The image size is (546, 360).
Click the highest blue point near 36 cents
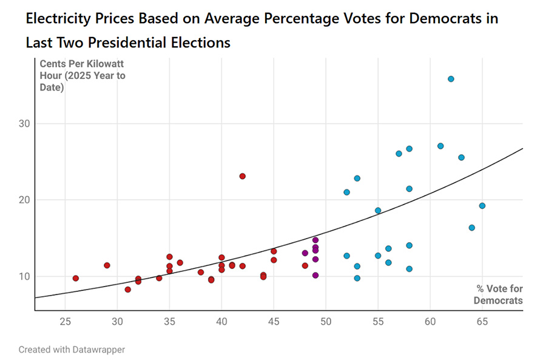tap(451, 79)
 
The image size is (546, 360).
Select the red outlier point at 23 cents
tap(242, 176)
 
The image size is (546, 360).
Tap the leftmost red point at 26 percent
tap(76, 278)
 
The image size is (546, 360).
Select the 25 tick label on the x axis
tap(65, 320)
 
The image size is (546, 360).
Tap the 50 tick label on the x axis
tap(326, 320)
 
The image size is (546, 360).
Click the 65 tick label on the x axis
tap(482, 320)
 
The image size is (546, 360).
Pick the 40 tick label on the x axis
tap(221, 320)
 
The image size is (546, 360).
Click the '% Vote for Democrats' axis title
tap(499, 294)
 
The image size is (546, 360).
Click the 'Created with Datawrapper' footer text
tap(72, 350)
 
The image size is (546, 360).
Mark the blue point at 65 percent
tap(482, 206)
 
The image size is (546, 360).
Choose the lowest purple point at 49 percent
tap(315, 275)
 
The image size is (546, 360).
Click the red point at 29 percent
tap(107, 265)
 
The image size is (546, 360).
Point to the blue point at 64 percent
tap(471, 228)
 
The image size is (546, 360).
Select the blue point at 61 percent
tap(440, 146)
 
